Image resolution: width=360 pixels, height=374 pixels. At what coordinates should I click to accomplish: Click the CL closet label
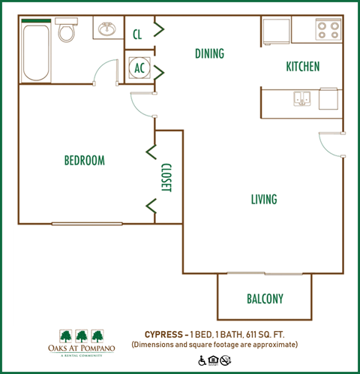(137, 34)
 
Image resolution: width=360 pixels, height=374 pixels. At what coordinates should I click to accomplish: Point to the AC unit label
(139, 68)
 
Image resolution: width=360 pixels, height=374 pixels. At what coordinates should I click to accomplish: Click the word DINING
(210, 54)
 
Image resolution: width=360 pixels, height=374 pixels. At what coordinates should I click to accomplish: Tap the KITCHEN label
(303, 67)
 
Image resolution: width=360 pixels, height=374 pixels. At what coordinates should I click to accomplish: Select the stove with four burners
(328, 29)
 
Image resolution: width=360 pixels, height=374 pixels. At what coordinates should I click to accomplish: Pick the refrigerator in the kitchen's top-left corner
(274, 30)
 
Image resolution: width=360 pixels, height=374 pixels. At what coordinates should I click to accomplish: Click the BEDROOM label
(84, 161)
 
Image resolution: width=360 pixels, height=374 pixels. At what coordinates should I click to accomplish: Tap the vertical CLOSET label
(166, 178)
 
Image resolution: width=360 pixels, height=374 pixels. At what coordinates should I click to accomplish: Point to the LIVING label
(263, 199)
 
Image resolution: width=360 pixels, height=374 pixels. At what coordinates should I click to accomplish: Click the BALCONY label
(265, 299)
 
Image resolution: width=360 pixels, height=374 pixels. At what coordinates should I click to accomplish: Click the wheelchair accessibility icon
(202, 360)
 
